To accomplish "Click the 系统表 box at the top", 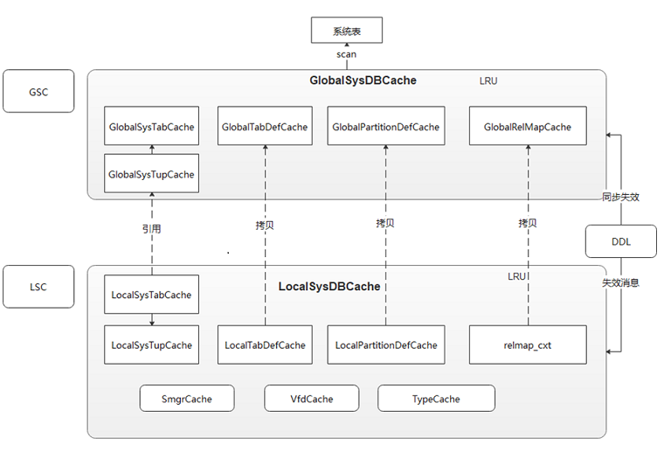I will [x=347, y=31].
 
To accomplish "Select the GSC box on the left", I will [x=38, y=91].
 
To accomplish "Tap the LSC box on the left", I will [x=38, y=286].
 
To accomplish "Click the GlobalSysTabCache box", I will [x=151, y=127].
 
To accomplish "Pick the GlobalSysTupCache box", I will [x=151, y=174].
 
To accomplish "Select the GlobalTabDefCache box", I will [x=265, y=127].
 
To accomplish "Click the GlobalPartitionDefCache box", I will [x=385, y=127].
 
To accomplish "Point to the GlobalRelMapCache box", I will [x=527, y=127].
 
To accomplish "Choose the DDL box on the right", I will [x=620, y=240].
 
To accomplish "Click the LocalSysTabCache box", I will [x=151, y=295].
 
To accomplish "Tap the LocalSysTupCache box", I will [x=151, y=344].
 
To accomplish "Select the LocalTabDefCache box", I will [x=265, y=344].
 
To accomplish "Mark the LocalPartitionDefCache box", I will [x=385, y=344].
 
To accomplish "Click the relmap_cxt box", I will [x=527, y=344].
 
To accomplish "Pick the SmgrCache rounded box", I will [x=187, y=399].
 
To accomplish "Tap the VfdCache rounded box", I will [x=312, y=399].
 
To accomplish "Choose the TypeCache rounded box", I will [x=436, y=399].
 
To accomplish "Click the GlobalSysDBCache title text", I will [x=363, y=80].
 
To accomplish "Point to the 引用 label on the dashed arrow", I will [x=152, y=229].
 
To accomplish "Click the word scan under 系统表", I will [x=347, y=54].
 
